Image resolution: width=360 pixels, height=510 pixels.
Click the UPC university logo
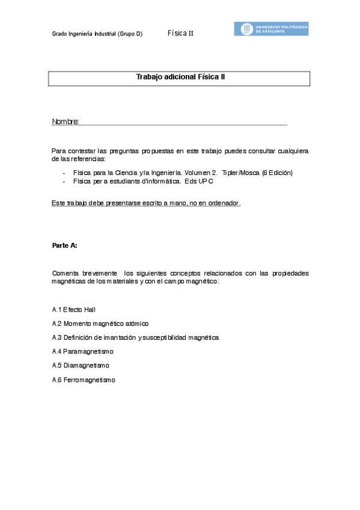pos(271,29)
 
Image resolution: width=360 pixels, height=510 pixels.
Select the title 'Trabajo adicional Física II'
pos(180,78)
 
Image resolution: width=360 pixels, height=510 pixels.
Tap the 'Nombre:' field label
pos(66,122)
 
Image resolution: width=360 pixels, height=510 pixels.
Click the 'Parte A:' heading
pos(65,245)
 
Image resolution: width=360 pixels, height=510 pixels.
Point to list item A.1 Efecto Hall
pos(74,310)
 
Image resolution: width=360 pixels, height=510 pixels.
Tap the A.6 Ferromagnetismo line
pos(84,379)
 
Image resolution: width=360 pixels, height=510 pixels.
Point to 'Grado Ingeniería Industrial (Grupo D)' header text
pos(97,34)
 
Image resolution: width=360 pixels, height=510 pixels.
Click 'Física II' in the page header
pos(180,34)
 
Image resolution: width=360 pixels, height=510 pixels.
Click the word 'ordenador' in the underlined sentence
pos(224,203)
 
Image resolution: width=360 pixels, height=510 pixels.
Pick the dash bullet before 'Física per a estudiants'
pos(64,181)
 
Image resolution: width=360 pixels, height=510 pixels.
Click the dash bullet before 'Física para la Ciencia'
pos(64,173)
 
